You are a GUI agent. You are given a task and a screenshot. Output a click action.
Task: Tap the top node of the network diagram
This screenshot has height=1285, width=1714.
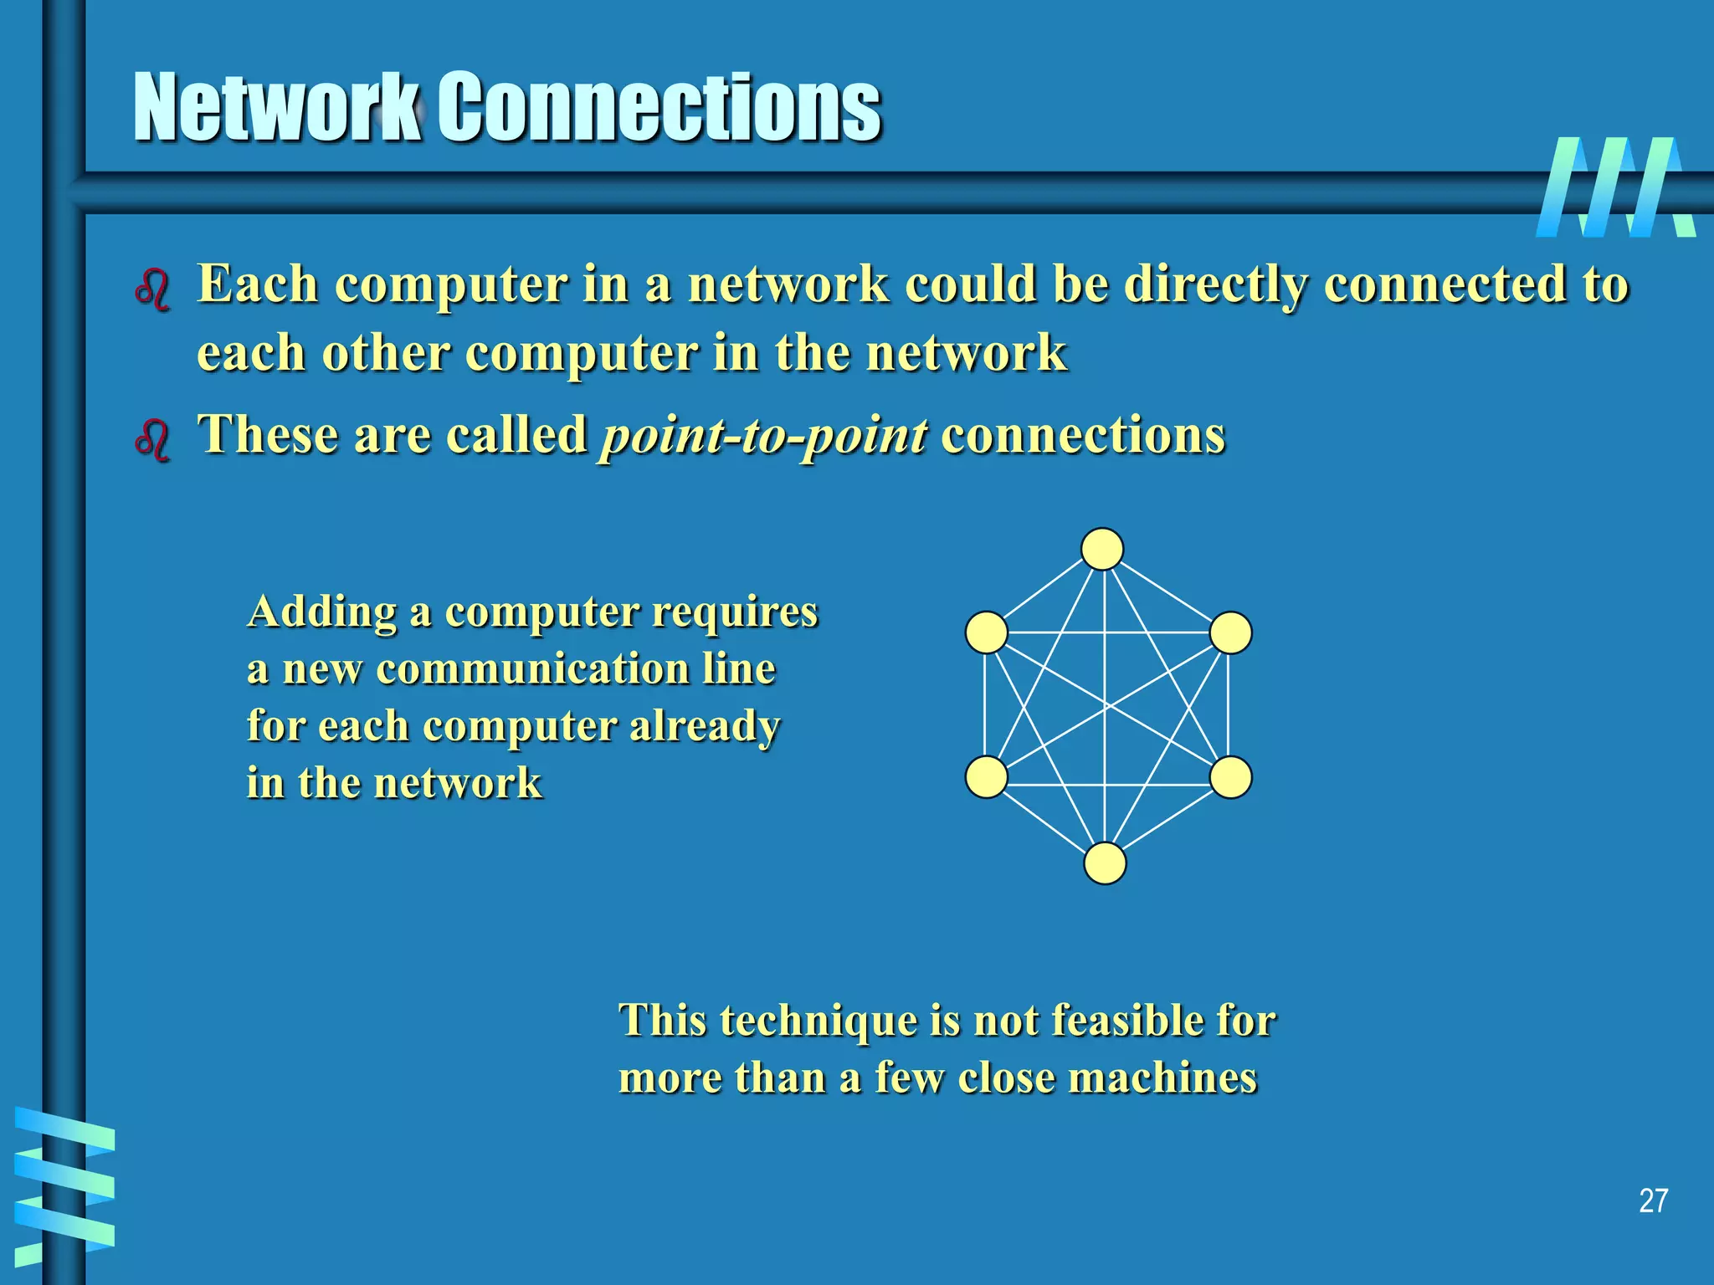1102,550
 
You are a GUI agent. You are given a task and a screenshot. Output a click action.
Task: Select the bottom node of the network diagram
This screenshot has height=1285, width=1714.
1105,863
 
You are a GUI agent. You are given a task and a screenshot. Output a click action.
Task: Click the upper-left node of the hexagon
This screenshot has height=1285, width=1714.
987,632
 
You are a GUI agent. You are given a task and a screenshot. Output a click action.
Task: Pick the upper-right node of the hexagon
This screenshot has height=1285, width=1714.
1231,632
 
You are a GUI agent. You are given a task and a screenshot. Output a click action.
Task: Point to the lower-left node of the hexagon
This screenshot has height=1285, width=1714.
987,777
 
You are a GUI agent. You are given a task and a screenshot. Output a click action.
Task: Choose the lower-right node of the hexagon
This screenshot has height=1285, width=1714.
1231,777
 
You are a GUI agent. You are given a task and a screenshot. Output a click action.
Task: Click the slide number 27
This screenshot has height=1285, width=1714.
1653,1201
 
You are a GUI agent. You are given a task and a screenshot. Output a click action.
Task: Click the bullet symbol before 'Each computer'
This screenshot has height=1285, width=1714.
152,289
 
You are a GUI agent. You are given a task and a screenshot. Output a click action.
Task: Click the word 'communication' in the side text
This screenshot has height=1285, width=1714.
532,669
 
